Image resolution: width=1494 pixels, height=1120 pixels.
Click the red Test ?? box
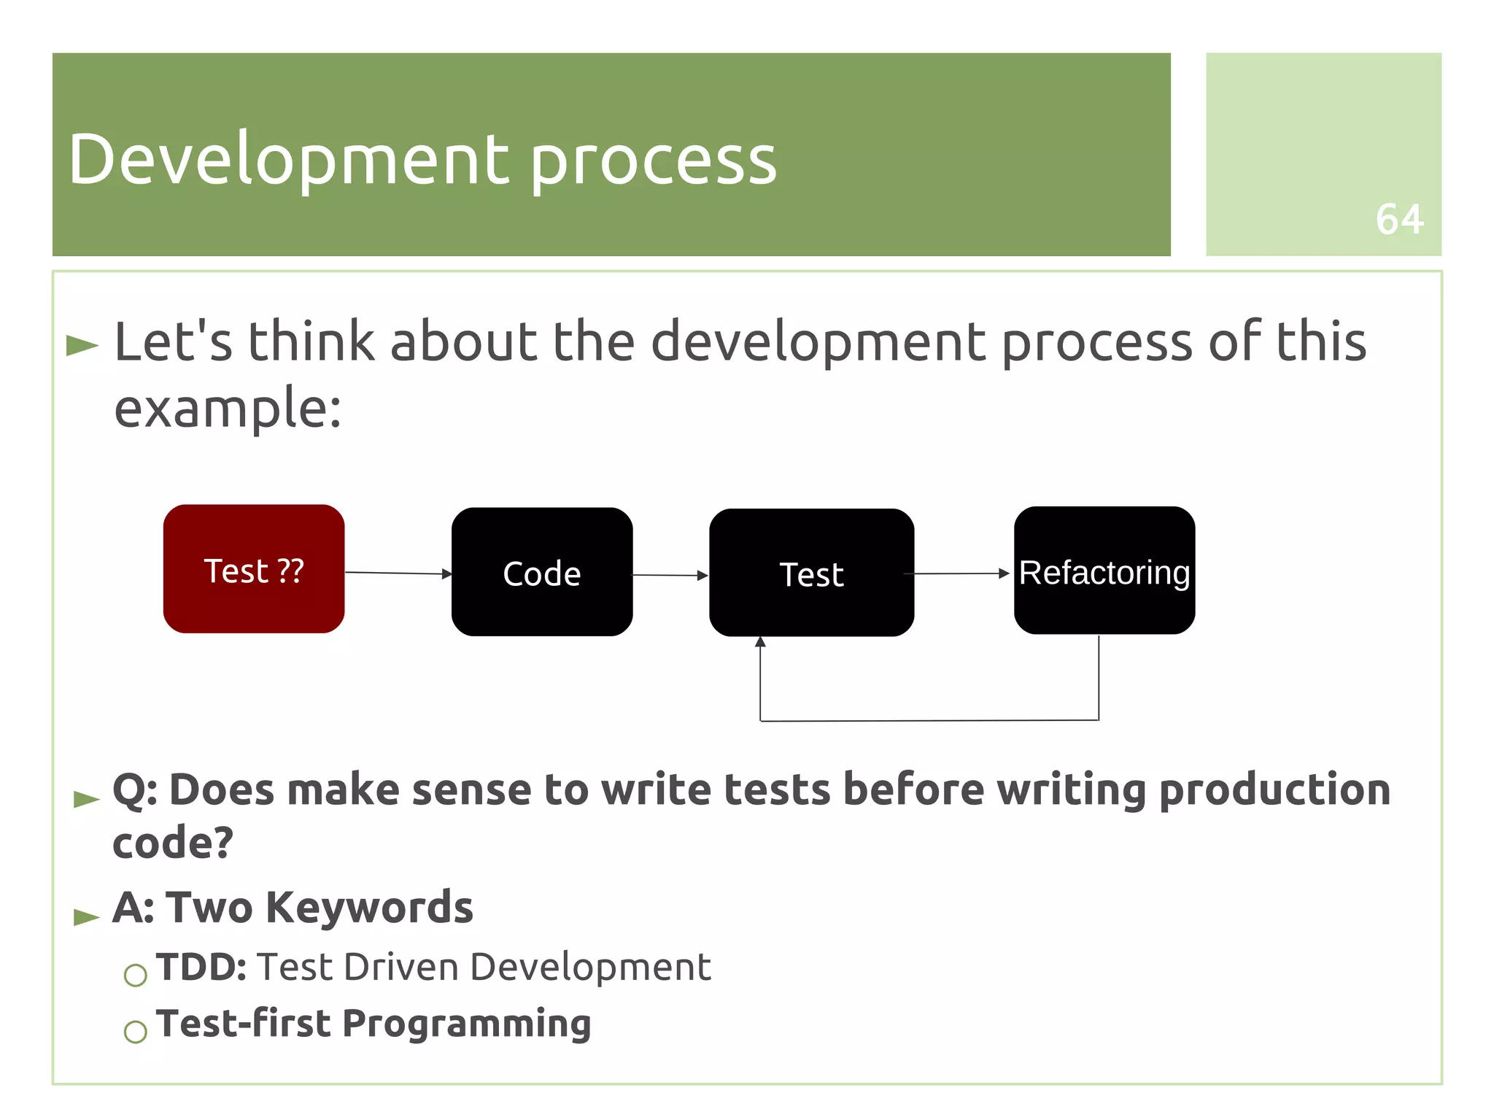[253, 568]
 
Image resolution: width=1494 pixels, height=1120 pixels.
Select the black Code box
[541, 572]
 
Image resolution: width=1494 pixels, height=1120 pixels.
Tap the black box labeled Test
[810, 573]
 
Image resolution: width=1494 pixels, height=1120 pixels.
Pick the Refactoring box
[1104, 571]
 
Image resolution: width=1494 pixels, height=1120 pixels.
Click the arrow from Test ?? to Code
[398, 573]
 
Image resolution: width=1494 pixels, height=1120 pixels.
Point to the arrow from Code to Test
[670, 576]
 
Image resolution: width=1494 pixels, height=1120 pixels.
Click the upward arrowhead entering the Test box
[760, 643]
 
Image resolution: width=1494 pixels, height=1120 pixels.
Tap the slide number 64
[1398, 219]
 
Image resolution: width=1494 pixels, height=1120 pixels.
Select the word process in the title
[653, 162]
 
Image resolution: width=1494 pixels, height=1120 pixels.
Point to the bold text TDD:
[201, 967]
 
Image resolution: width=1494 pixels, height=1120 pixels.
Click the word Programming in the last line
[466, 1024]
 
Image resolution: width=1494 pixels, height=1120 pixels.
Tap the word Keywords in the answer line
[369, 908]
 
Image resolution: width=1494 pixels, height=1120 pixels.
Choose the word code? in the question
[173, 843]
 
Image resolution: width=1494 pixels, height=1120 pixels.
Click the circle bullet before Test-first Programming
[136, 1032]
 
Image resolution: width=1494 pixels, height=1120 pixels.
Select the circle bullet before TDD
[136, 975]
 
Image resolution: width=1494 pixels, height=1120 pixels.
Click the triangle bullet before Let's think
[82, 345]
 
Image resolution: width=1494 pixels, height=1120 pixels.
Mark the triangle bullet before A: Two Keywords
[86, 916]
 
